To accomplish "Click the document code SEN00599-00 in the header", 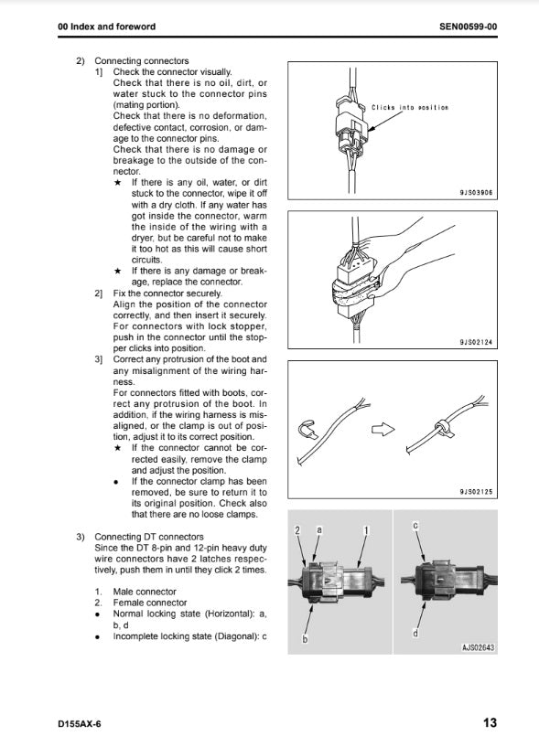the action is coord(468,27).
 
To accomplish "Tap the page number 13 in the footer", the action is coord(490,722).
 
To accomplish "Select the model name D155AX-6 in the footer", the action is coord(80,724).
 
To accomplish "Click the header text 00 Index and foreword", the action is coord(106,27).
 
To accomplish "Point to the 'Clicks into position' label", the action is coord(410,108).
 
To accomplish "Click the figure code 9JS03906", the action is coord(476,193).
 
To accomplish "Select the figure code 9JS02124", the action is coord(476,342).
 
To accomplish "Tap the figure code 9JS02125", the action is coord(476,492).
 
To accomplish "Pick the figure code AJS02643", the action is coord(478,647).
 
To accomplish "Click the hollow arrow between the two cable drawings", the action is coord(383,429).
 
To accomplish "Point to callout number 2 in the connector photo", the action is coord(297,530).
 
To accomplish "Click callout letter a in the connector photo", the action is coord(319,529).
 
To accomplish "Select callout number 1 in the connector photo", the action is coord(366,530).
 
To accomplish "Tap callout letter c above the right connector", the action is coord(415,526).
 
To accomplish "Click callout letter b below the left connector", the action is coord(305,639).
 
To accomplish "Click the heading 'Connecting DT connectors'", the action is coord(149,537).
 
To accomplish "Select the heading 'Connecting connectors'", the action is coord(142,61).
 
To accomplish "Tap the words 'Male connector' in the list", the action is coord(145,592).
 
